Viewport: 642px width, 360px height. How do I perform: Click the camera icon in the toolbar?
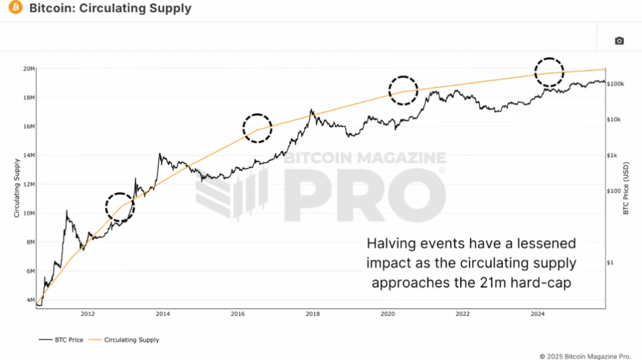coord(619,41)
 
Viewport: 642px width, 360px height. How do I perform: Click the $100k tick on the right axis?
coord(615,84)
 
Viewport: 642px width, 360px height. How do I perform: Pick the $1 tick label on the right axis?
coord(611,263)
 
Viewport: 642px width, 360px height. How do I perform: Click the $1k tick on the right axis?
coord(612,155)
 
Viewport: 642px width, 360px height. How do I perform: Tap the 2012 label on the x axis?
coord(87,313)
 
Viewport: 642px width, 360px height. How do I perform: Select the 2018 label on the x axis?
coord(312,313)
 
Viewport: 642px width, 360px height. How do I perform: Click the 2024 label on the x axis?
coord(538,313)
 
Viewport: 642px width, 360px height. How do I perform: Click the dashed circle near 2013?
coord(120,206)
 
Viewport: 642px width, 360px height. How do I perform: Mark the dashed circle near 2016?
coord(257,128)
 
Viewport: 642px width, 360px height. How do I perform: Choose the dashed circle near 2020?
coord(403,90)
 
